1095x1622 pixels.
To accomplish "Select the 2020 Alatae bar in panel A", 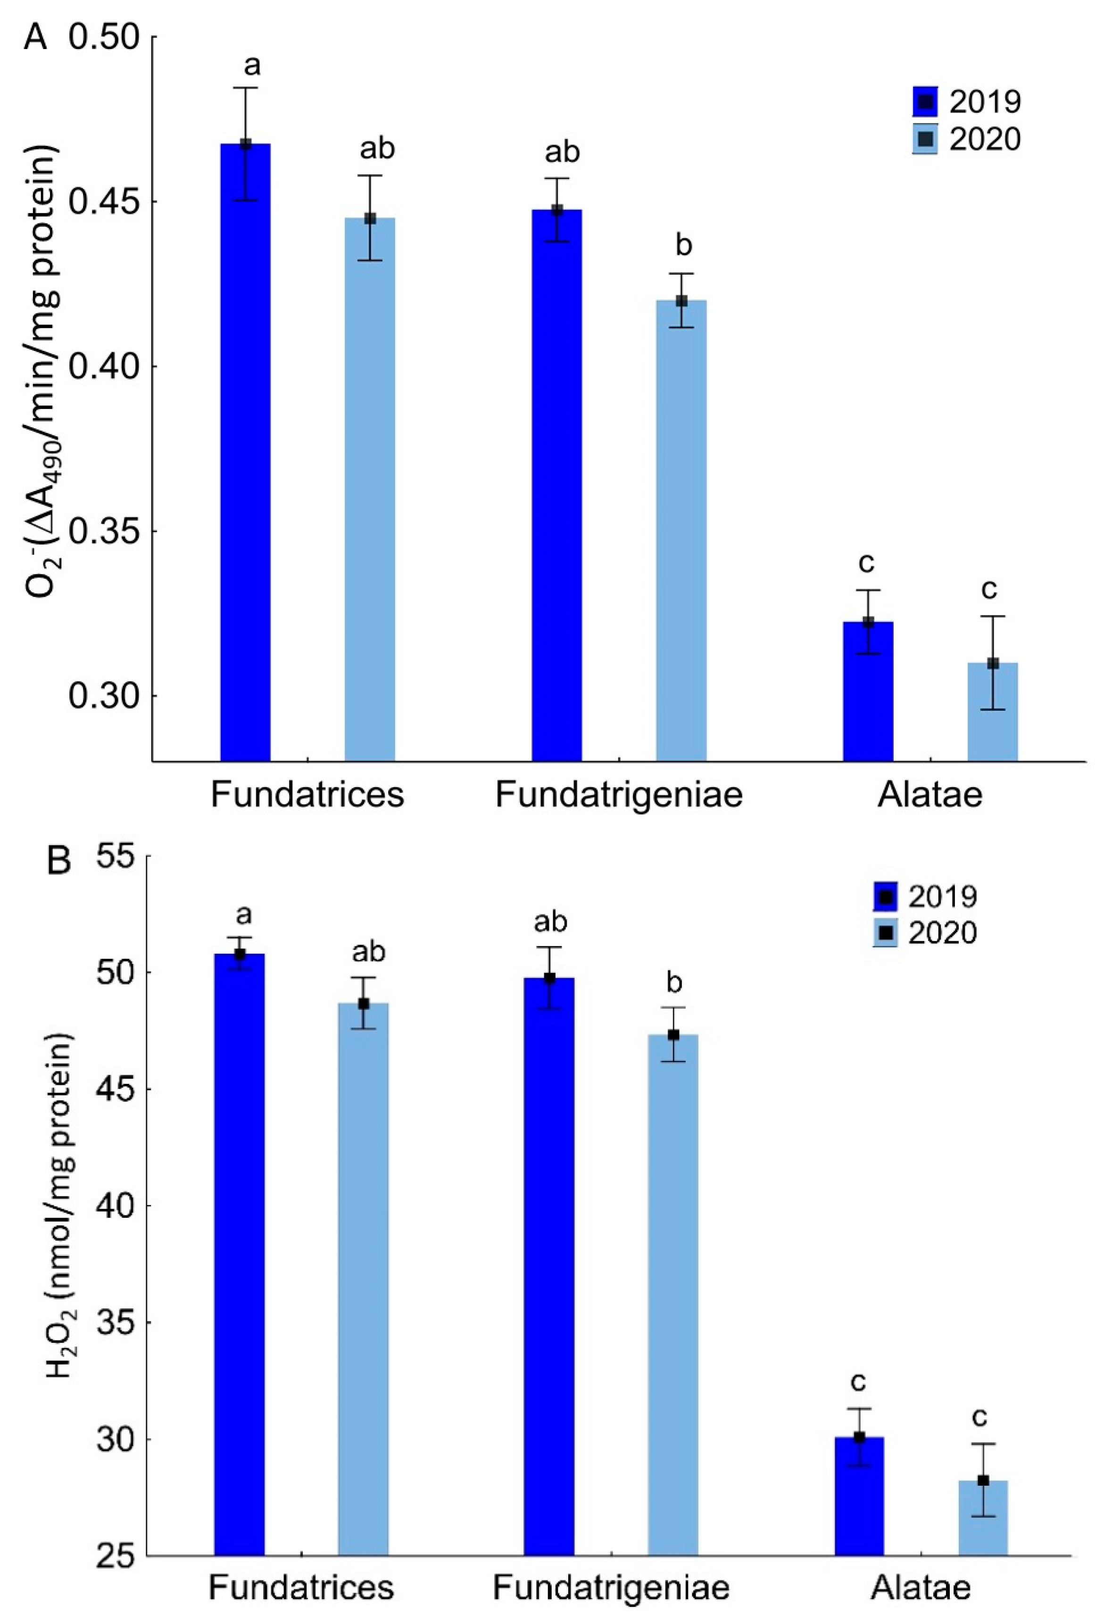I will click(x=992, y=712).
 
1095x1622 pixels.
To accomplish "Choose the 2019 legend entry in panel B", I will click(x=925, y=896).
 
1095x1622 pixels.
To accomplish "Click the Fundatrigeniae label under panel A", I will click(x=618, y=795).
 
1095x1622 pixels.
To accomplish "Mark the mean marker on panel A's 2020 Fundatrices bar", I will click(x=370, y=218).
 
